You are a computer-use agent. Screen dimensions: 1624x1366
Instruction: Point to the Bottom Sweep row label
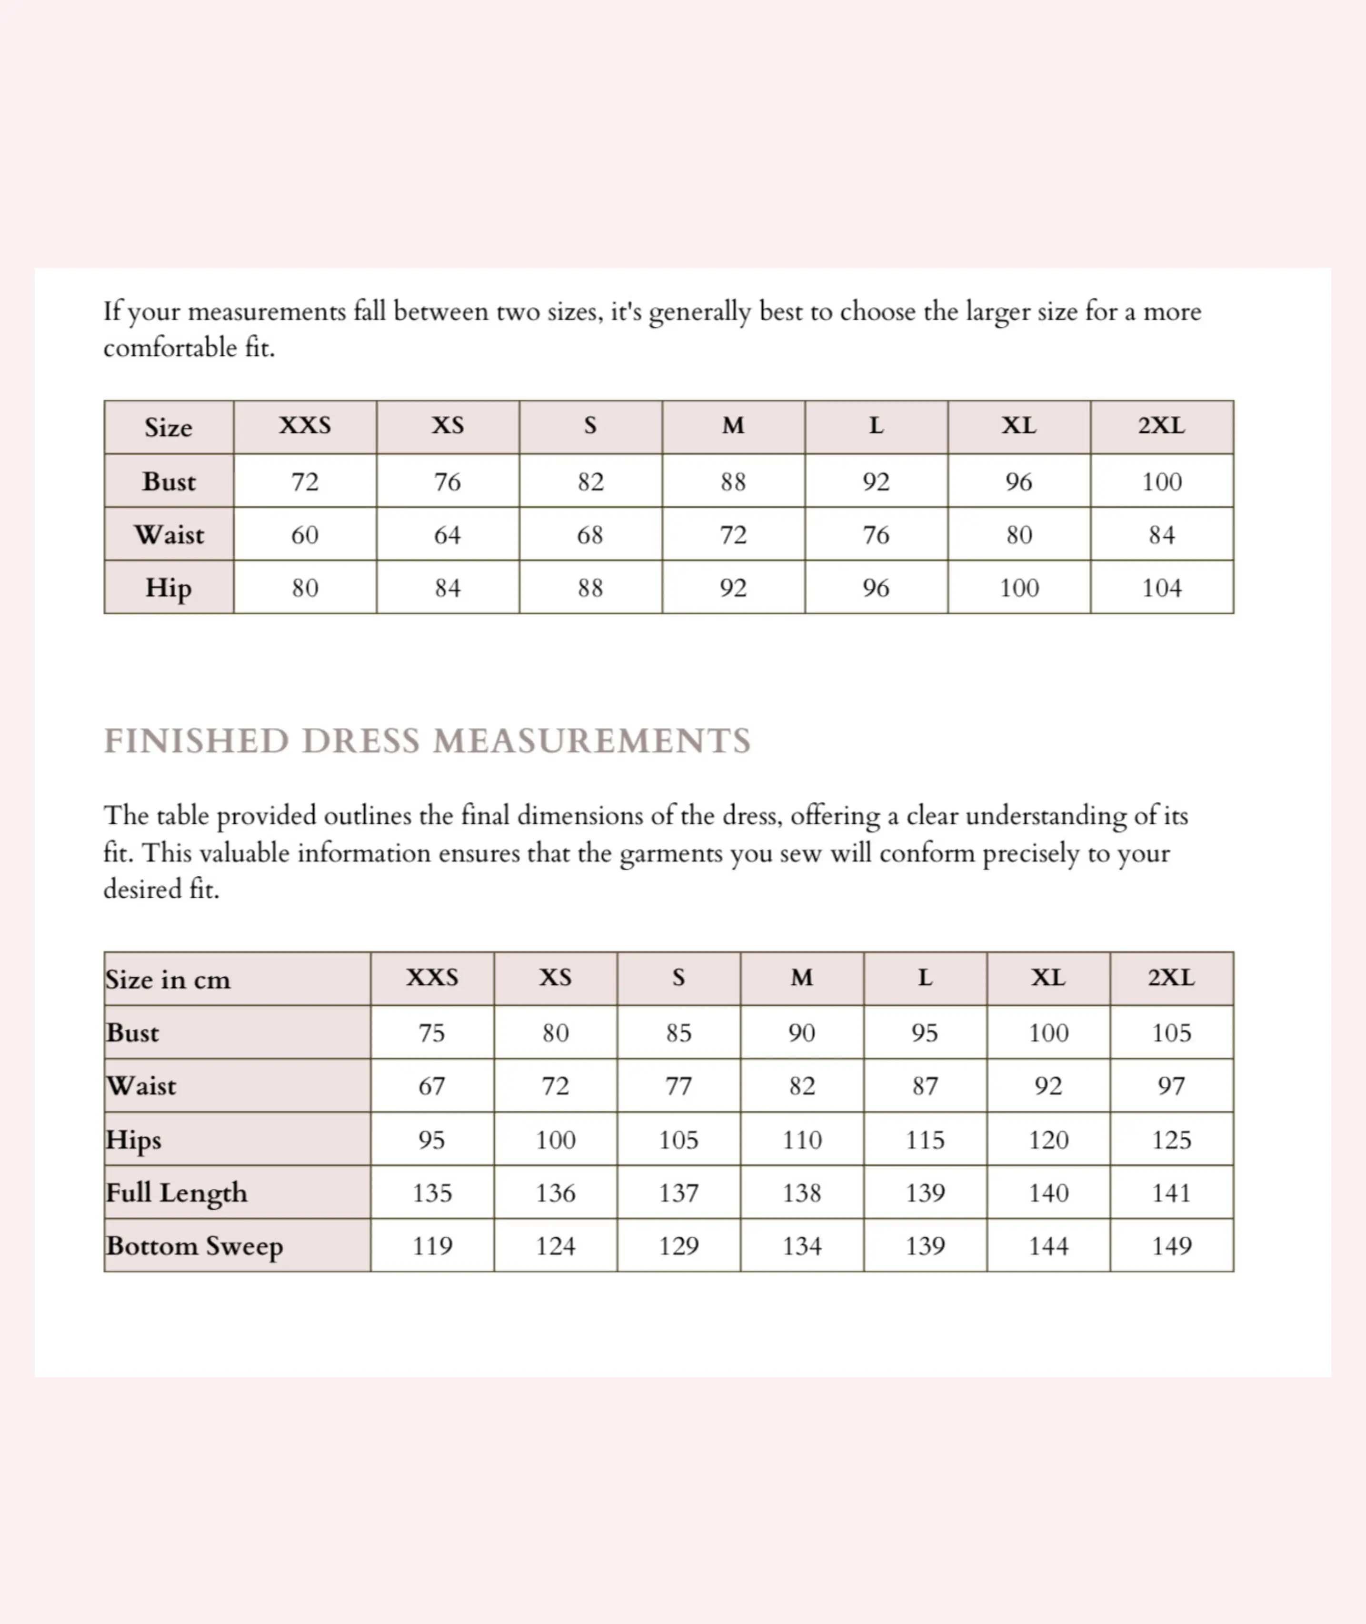tap(194, 1246)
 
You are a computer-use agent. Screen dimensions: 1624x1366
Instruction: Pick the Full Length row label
tap(177, 1193)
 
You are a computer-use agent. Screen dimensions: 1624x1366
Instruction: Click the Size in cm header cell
tap(168, 980)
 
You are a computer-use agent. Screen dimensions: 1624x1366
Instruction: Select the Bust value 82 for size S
tap(590, 481)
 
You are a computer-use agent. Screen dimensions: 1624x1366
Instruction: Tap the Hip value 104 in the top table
tap(1162, 588)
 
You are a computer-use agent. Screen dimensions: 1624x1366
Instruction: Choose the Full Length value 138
tap(801, 1193)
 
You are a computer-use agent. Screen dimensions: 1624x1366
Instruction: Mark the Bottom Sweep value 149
tap(1171, 1246)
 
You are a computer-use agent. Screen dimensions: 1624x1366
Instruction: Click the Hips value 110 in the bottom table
tap(801, 1140)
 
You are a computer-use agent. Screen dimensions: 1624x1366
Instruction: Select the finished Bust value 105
tap(1171, 1033)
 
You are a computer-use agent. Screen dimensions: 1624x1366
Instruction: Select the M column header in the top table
tap(733, 426)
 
